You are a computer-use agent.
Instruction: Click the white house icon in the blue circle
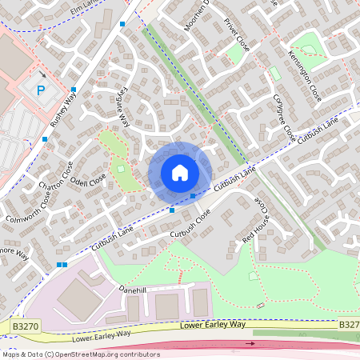(180, 173)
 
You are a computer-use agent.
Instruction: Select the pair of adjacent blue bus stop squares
(62, 265)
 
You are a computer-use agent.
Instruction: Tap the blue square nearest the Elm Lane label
(122, 25)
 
